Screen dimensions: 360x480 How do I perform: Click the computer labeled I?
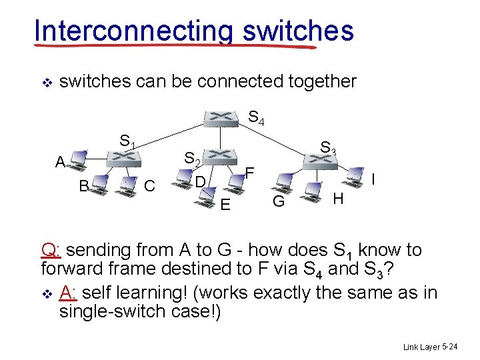click(357, 177)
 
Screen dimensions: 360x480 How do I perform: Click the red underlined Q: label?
click(51, 250)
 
